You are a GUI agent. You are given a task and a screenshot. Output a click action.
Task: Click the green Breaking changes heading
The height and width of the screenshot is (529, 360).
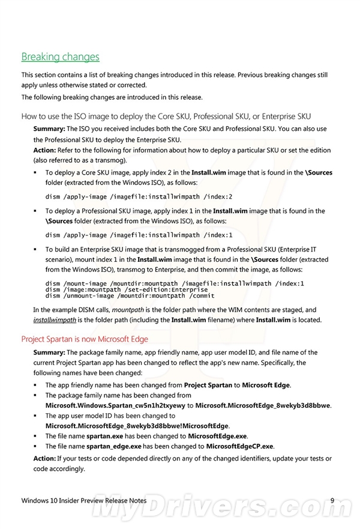click(60, 57)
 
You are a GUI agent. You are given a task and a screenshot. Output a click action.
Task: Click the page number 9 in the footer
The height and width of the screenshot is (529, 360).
click(334, 500)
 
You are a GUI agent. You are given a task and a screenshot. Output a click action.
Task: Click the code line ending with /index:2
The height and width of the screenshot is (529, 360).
click(139, 196)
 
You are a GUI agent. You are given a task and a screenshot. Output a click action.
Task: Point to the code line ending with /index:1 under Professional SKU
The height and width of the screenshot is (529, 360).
click(139, 235)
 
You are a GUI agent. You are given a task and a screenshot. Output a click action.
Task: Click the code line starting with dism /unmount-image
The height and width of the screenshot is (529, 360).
click(130, 295)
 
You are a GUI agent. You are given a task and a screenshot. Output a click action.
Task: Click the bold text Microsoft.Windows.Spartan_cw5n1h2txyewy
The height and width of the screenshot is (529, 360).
click(115, 405)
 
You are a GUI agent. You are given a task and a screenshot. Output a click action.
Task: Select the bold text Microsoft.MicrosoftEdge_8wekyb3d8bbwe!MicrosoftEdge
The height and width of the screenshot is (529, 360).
click(137, 426)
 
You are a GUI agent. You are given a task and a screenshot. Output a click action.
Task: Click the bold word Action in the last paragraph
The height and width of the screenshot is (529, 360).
click(44, 459)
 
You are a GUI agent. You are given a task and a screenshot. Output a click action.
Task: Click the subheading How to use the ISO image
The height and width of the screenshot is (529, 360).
click(166, 116)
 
